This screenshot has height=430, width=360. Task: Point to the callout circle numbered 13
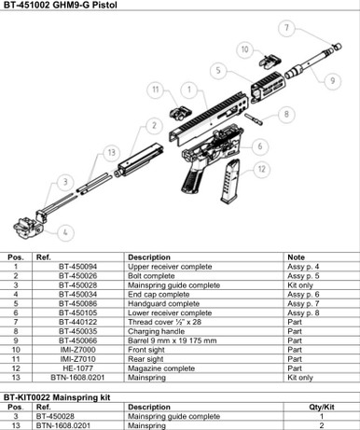(110, 152)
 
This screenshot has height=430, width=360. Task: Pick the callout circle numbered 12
(261, 169)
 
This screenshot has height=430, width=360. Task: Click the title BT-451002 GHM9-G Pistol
(62, 7)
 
